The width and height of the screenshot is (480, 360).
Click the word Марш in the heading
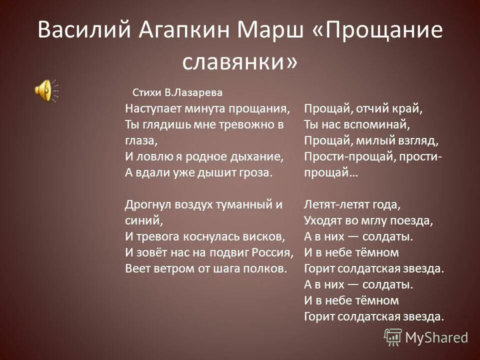pyautogui.click(x=264, y=32)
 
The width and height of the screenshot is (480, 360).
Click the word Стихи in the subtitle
pyautogui.click(x=146, y=92)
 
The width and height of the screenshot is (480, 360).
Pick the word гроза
pyautogui.click(x=257, y=172)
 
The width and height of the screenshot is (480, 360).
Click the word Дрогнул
pyautogui.click(x=143, y=204)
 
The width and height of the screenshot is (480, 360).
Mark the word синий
pyautogui.click(x=141, y=220)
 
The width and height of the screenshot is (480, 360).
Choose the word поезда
pyautogui.click(x=410, y=220)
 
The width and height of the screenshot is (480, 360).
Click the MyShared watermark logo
pyautogui.click(x=426, y=337)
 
